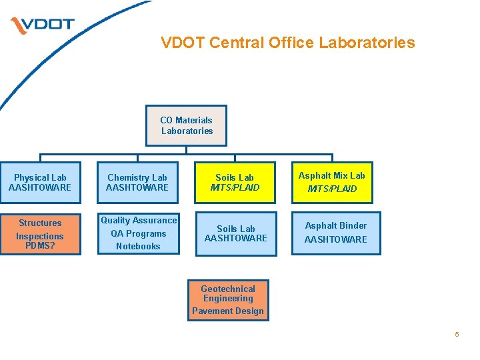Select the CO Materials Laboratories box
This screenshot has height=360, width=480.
tap(187, 125)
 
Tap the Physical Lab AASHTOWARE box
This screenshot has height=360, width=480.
tap(41, 183)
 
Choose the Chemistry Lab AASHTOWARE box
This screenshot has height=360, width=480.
tap(137, 183)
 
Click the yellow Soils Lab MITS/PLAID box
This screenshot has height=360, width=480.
tap(235, 183)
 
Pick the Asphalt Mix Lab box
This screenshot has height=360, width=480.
tap(332, 182)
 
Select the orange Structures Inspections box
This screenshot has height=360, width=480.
tap(41, 235)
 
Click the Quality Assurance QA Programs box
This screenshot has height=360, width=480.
tap(139, 233)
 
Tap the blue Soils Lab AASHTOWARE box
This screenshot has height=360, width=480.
tap(235, 233)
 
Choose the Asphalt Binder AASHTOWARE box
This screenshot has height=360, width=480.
tap(336, 233)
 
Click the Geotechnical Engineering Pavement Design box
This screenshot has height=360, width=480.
tap(228, 300)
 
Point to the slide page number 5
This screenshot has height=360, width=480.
tap(457, 334)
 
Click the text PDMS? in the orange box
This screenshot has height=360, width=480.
tap(40, 246)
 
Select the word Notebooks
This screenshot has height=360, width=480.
tap(138, 247)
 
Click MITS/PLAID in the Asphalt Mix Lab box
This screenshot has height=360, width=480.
tap(332, 189)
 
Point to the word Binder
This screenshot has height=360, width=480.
tap(351, 226)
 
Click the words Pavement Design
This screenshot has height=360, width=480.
tap(228, 311)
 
